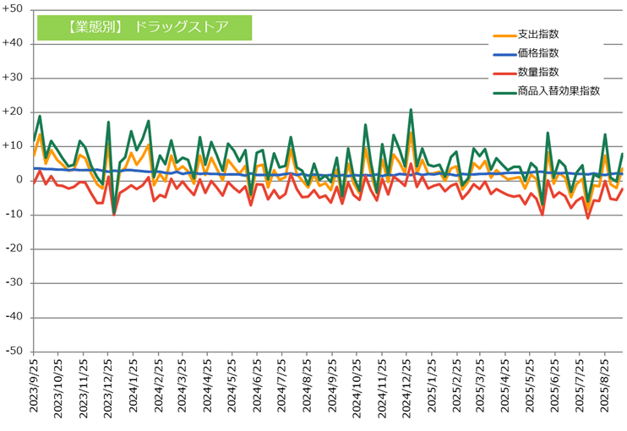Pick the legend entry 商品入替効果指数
tap(559, 91)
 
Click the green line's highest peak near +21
tap(411, 110)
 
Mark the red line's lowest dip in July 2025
tap(587, 218)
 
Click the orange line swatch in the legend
tap(503, 36)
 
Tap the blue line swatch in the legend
tap(503, 55)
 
